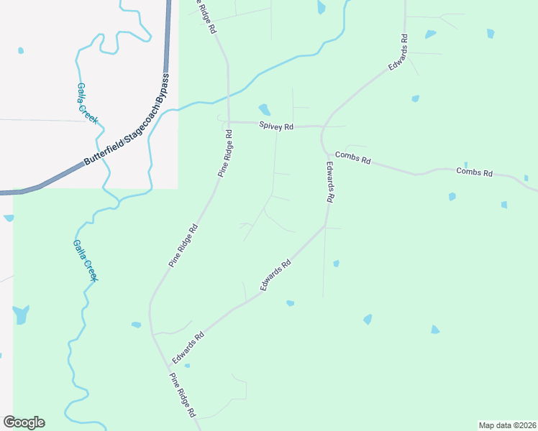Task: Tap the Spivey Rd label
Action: [x=276, y=126]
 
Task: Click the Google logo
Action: [x=24, y=422]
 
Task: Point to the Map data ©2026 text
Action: [x=506, y=425]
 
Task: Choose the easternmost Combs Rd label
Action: [x=474, y=172]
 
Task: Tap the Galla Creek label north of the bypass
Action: [x=87, y=103]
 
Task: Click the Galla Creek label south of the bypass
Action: [x=84, y=259]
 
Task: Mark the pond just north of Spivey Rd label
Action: [x=264, y=110]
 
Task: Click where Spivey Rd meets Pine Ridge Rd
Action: [x=229, y=122]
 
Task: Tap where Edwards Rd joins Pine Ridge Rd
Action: [x=152, y=333]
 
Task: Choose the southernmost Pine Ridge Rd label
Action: [x=182, y=395]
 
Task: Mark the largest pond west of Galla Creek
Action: [x=20, y=314]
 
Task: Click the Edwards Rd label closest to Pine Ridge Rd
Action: [x=188, y=348]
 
